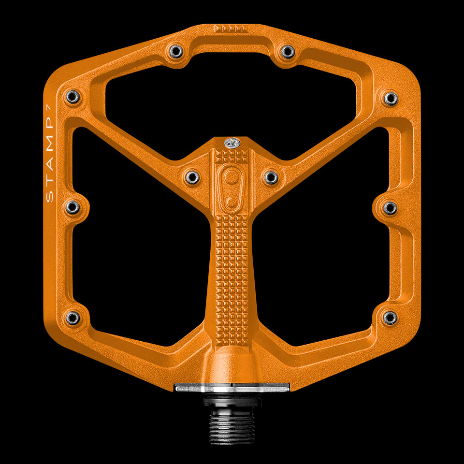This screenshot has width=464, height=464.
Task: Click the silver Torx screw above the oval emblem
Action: coord(231,143)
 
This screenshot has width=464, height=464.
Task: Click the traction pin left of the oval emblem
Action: coord(192,177)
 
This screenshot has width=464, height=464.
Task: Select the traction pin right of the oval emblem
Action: coord(271,177)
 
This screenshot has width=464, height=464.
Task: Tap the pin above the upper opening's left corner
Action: coord(176,51)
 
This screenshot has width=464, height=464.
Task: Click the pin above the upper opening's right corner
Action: coord(288,51)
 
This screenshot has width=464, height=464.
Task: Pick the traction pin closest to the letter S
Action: coord(72,208)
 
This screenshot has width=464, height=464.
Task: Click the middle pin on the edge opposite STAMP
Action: coord(390,208)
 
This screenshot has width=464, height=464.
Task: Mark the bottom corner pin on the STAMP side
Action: coord(72,318)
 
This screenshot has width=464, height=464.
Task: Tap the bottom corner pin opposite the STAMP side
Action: coord(390,318)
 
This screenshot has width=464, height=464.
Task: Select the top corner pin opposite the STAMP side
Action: coord(391,98)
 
